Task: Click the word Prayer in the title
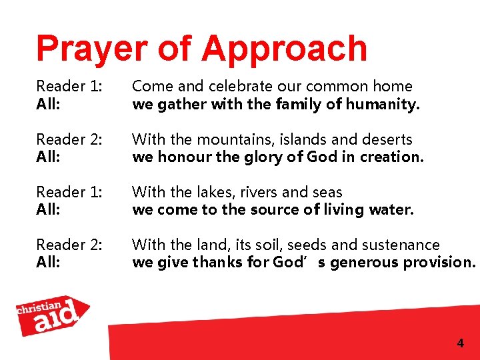tap(83, 49)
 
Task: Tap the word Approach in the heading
tap(284, 49)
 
